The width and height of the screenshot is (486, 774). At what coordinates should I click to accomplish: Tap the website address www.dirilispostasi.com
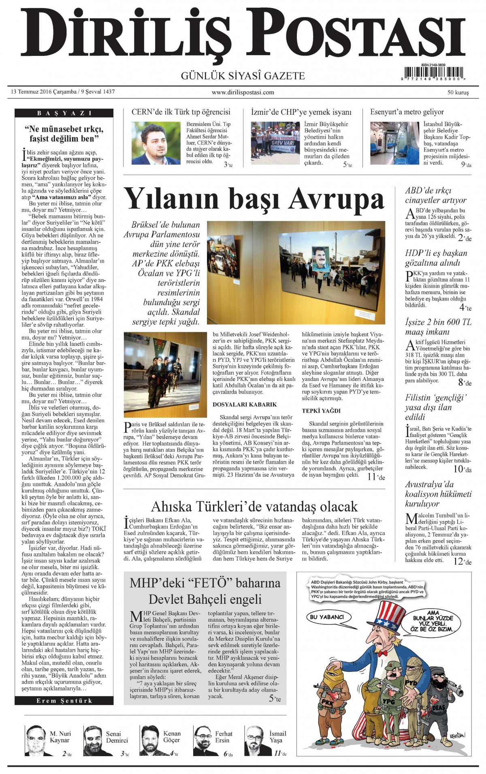point(243,92)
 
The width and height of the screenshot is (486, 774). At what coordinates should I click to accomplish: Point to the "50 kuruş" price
point(458,92)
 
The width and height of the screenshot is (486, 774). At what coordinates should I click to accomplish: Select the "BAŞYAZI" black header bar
point(64,113)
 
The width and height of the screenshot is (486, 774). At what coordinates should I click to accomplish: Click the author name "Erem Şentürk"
point(64,701)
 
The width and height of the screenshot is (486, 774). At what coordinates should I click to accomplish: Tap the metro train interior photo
point(394,143)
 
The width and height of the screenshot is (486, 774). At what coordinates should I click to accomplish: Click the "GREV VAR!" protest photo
point(275,143)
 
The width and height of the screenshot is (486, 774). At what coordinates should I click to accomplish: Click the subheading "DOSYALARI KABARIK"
point(239,404)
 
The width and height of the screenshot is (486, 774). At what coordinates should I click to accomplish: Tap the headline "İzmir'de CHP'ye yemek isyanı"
point(301,112)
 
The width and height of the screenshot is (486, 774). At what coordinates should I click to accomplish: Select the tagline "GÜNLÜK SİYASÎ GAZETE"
point(243,76)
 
